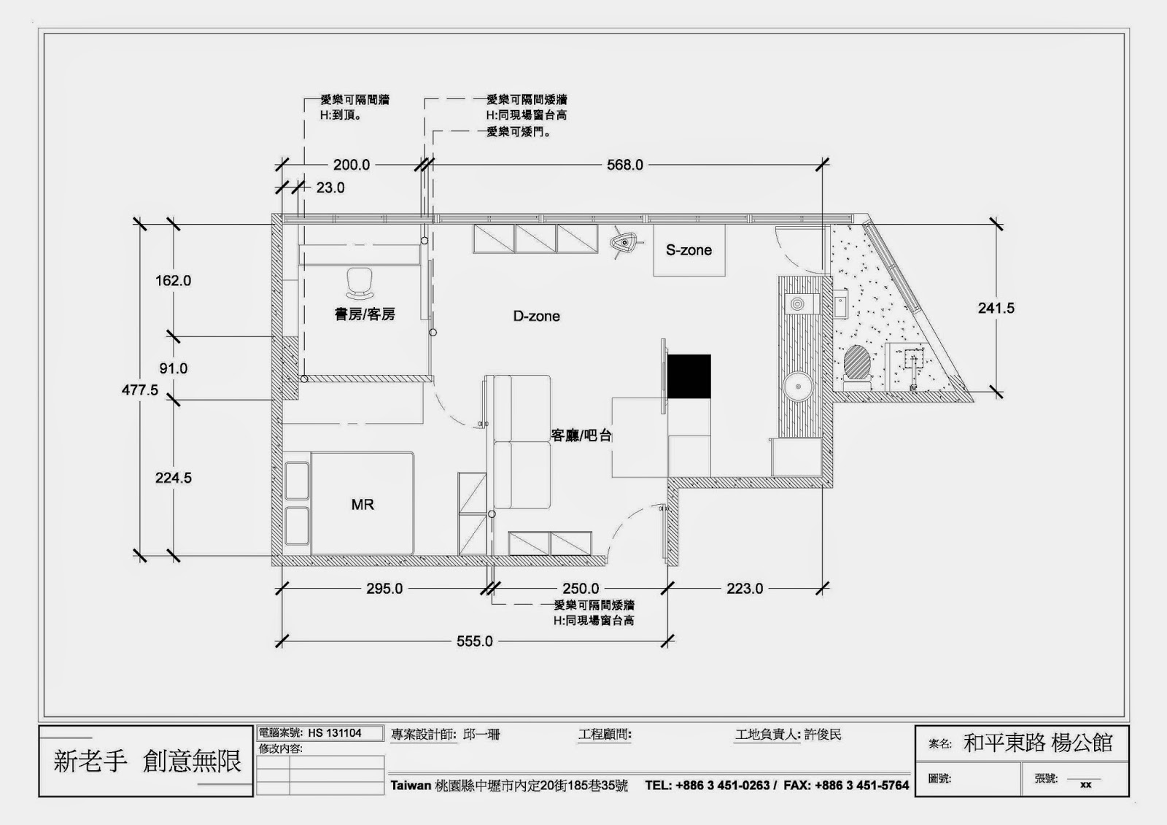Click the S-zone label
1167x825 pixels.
689,250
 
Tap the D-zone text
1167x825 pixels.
537,317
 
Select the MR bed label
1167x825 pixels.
362,505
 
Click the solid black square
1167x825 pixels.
689,376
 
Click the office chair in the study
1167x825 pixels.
360,284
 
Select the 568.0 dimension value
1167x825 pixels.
624,165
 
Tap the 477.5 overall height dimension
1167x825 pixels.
139,390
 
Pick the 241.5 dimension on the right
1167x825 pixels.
996,308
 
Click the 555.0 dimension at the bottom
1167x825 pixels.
475,641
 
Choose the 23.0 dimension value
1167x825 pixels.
330,187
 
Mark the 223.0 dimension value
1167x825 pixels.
745,589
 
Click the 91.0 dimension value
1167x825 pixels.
174,368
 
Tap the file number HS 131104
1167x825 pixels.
335,733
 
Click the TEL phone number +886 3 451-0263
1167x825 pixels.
722,786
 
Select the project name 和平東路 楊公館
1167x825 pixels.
1038,743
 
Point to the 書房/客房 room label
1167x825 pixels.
365,314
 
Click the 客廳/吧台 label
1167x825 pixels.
581,435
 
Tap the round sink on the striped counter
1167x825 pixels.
798,386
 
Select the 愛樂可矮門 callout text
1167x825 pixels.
519,132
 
